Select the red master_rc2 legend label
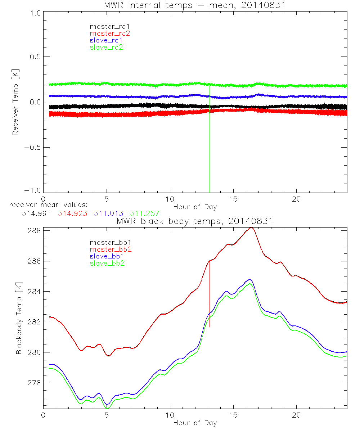pos(110,33)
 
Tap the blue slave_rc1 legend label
pos(106,40)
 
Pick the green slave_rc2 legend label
pos(106,47)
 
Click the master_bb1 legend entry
pos(108,243)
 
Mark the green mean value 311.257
pos(144,213)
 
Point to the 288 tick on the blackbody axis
pos(35,230)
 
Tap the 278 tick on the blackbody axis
pos(35,383)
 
